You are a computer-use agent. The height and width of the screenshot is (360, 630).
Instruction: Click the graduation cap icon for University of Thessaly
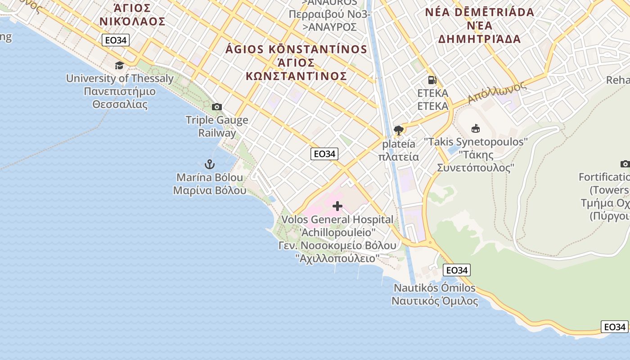tap(119, 66)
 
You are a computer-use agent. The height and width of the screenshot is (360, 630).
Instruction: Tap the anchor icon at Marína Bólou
tap(210, 164)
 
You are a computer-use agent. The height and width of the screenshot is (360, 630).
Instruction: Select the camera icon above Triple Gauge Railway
tap(217, 107)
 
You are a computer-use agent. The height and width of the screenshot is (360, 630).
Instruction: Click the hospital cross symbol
tap(337, 207)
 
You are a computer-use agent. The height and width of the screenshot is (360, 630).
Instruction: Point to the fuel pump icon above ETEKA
tap(432, 80)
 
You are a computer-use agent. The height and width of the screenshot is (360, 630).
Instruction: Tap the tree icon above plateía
tap(398, 130)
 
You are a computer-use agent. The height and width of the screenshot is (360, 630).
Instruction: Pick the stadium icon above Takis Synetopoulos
tap(476, 129)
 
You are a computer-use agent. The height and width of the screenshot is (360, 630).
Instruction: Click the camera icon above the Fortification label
tap(625, 164)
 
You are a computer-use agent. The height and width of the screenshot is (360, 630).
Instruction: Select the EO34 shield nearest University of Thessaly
tap(116, 40)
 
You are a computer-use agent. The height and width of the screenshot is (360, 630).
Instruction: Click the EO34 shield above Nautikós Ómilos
tap(457, 270)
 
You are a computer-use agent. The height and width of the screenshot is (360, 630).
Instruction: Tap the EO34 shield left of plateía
tap(324, 154)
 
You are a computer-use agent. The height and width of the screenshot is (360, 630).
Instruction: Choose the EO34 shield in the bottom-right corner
tap(615, 327)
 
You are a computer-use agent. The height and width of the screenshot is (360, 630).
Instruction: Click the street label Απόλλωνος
tap(497, 92)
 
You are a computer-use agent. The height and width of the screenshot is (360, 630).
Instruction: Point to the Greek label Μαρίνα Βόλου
tap(210, 190)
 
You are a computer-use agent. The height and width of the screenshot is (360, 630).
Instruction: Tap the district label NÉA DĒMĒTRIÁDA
tap(480, 12)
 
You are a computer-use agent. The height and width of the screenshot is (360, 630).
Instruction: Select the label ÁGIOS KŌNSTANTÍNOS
tap(297, 49)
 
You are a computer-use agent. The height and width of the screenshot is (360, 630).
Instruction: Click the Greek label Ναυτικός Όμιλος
tap(435, 301)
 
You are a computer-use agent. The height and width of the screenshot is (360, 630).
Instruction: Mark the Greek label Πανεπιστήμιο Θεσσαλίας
tap(120, 98)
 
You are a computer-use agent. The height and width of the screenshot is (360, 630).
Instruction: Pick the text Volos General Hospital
tap(337, 220)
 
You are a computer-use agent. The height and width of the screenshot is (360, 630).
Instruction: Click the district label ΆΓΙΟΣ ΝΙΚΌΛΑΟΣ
tap(132, 14)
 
